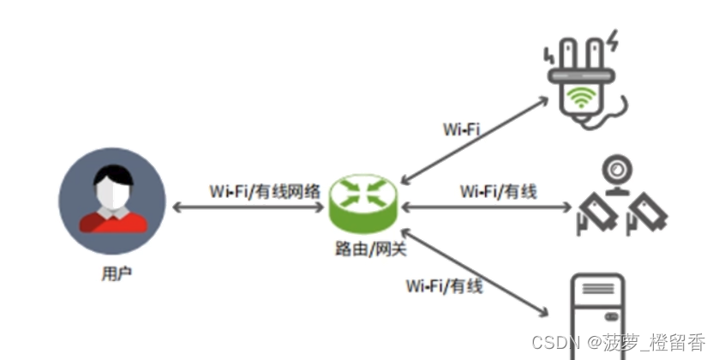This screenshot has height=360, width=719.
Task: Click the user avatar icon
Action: tap(112, 201)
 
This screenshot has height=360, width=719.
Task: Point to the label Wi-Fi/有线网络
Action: tap(265, 191)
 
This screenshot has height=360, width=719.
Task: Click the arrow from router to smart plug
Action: tap(476, 138)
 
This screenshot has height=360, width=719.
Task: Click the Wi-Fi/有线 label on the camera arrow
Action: tap(498, 191)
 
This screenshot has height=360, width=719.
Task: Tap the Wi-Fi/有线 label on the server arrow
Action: tap(445, 285)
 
